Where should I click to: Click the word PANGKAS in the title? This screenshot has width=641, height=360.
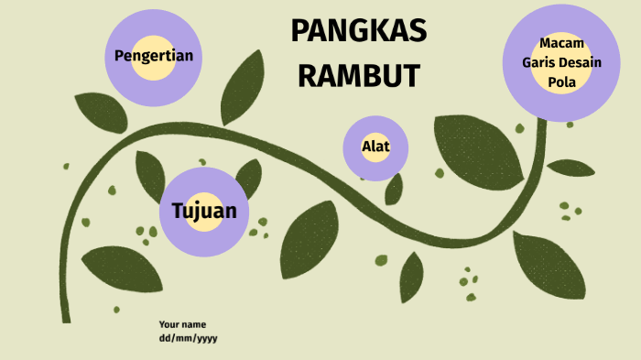358,32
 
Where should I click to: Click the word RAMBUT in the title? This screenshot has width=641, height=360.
358,75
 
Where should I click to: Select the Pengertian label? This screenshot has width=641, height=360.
153,56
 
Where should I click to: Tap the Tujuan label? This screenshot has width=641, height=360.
204,211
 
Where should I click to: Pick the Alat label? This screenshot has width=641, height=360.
375,147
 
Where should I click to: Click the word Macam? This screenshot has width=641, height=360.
561,43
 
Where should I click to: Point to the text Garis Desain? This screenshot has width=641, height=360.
561,62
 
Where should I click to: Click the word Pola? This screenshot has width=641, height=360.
561,82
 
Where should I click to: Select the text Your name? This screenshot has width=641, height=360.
182,324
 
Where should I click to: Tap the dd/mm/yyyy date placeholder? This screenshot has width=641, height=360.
188,338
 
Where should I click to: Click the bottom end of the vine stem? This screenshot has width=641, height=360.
66,316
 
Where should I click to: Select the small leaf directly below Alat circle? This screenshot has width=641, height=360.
394,190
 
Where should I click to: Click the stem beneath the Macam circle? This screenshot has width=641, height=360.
540,147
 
